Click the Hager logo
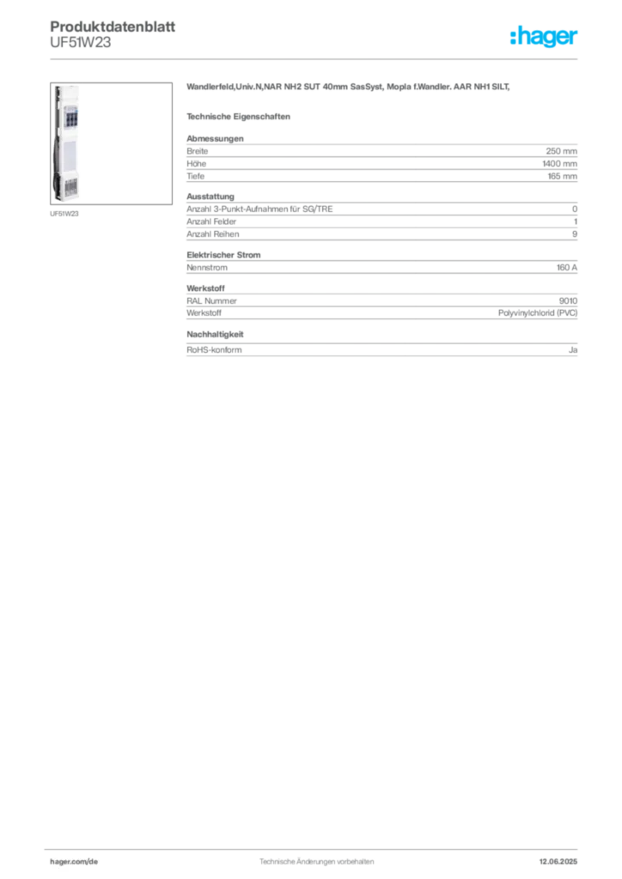543,36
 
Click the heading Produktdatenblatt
113,27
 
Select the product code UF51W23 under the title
80,43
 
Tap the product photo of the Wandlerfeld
111,143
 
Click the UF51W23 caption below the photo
64,214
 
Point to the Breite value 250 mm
561,151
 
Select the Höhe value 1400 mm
559,164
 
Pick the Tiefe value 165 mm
562,176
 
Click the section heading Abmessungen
215,138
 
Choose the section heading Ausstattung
210,197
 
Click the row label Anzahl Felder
211,221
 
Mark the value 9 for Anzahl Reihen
575,233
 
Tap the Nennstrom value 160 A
566,268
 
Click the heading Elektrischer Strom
223,254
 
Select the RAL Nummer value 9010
568,300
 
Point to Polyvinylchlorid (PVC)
537,312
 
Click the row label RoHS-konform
214,350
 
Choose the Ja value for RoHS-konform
573,350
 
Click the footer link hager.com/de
74,862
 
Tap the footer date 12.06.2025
558,862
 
